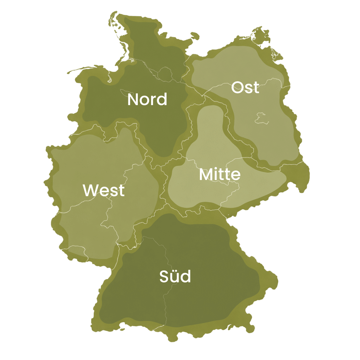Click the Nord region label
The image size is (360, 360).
147,99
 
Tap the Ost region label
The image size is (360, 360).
245,88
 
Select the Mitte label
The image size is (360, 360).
220,175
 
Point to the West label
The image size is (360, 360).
104,190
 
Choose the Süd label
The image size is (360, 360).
175,276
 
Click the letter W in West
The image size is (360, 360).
90,191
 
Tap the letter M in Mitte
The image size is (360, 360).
206,175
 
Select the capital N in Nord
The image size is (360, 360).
133,99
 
